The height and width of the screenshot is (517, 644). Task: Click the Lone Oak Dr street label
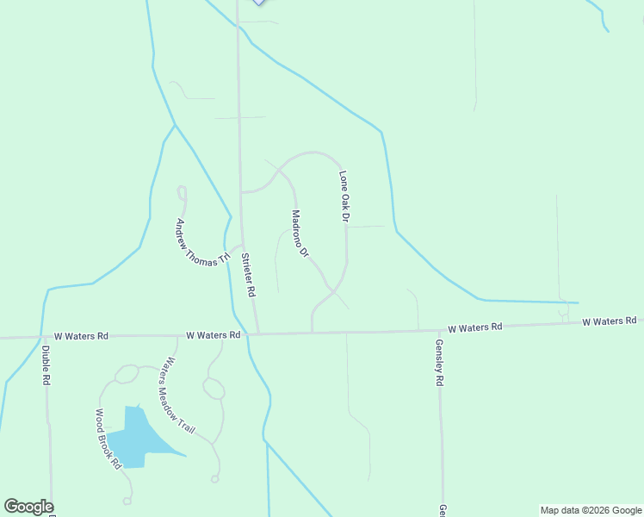coord(344,197)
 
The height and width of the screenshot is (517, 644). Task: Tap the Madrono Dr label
coord(299,234)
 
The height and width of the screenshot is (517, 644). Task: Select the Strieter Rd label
coord(250,274)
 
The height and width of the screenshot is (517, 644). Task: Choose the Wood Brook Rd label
coord(108,439)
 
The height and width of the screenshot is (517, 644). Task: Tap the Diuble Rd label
coord(46,364)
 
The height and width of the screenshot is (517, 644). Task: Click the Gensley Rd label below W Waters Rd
coord(439,361)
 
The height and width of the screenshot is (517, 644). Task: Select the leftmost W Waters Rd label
coord(81,335)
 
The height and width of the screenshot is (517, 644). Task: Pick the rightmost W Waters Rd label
coord(609,321)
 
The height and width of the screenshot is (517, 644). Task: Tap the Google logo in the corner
coord(28,507)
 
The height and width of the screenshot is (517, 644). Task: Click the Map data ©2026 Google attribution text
coord(591,510)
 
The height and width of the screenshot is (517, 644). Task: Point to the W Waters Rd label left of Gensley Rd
coord(475,327)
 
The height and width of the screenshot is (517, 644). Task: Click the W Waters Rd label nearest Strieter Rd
coord(213,334)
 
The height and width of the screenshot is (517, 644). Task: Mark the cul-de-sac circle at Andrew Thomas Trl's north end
coord(182,190)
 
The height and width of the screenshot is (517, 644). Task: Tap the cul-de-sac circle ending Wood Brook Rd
coord(127,500)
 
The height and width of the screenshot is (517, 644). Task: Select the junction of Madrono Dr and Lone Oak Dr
coord(333,291)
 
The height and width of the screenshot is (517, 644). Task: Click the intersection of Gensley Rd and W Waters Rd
coord(439,330)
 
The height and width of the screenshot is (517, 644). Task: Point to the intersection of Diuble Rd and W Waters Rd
coord(42,337)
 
